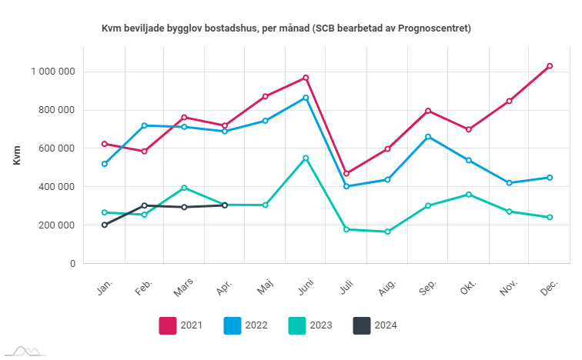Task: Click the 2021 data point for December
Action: (550, 66)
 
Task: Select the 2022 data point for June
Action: (306, 98)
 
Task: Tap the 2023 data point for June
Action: (306, 158)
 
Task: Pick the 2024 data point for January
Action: (104, 225)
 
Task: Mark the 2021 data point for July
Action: (346, 173)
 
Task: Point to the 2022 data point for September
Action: (428, 137)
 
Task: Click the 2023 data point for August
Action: (387, 232)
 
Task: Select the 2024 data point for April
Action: (225, 205)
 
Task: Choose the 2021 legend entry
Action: (181, 325)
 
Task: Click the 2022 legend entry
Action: (246, 325)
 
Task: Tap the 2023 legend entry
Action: (310, 325)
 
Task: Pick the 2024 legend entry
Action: (375, 325)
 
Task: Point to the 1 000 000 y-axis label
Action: (53, 72)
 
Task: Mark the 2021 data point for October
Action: (468, 129)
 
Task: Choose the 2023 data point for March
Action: (184, 188)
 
